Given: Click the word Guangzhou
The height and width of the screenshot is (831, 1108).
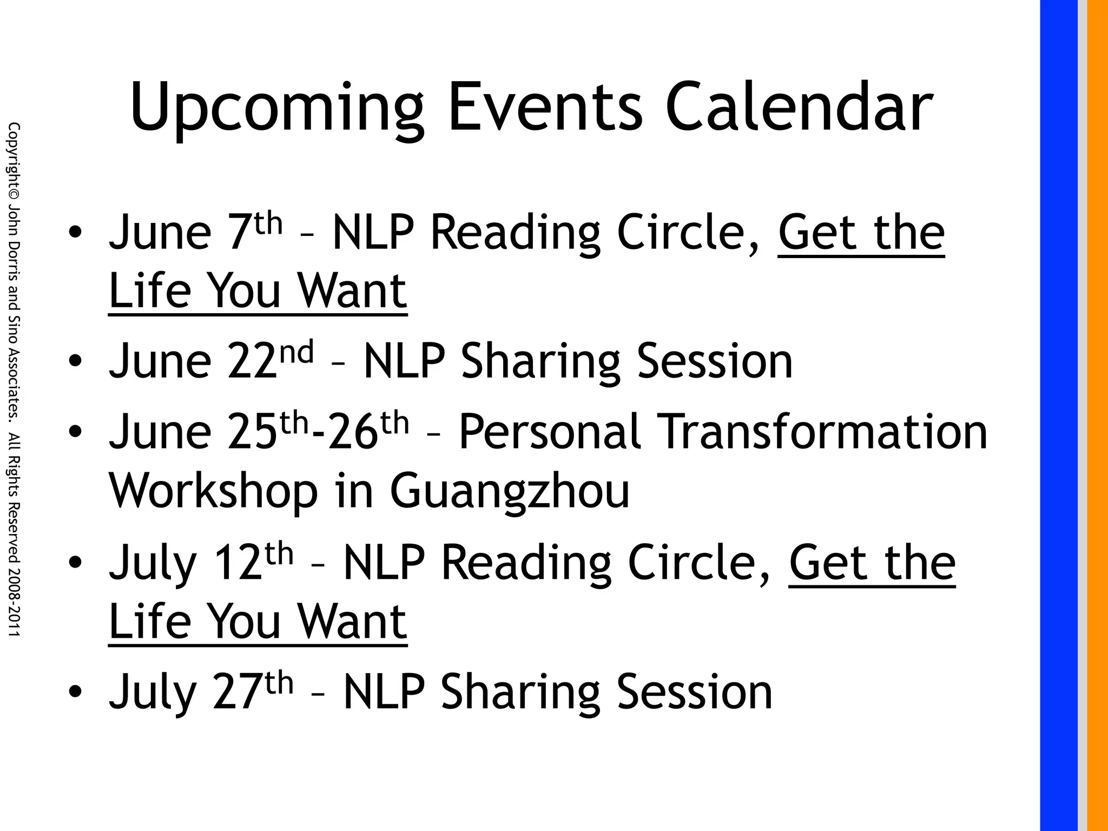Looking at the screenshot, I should [510, 492].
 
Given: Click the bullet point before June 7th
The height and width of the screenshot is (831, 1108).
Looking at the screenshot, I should [75, 233].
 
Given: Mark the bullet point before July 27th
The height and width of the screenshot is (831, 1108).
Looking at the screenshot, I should [75, 692].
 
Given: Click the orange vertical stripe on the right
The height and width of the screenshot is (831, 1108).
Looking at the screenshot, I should [1097, 415].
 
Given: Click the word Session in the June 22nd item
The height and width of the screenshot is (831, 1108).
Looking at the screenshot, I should [714, 361].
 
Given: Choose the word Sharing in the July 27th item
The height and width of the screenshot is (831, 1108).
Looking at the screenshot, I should [519, 693].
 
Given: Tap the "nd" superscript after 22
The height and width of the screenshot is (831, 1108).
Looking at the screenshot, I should [297, 352].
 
